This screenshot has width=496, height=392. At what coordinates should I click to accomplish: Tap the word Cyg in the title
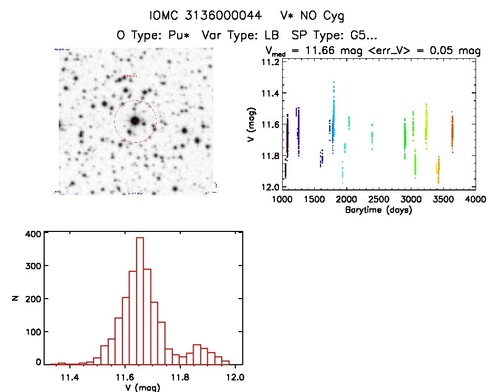[x=333, y=16]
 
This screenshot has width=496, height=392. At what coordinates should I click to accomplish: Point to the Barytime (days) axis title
[x=378, y=210]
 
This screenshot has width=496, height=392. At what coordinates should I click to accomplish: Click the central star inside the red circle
[x=135, y=121]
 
